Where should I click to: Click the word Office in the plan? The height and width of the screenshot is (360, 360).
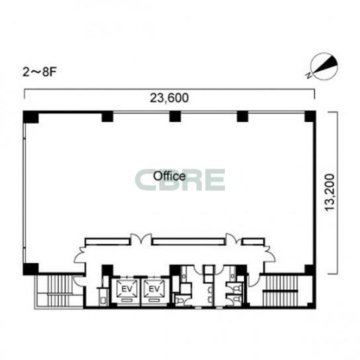tap(169, 176)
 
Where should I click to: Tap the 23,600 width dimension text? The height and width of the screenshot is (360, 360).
tap(169, 98)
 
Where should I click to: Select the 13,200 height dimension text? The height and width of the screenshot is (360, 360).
tap(330, 193)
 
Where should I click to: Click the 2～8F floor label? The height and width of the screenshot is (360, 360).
tap(39, 72)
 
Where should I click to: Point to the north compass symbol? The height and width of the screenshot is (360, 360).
tap(324, 66)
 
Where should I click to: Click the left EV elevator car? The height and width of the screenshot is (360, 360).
tap(127, 289)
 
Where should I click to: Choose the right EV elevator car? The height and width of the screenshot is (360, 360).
tap(154, 289)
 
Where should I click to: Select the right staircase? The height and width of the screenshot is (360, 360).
tap(281, 291)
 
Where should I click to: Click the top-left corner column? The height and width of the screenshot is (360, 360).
tap(30, 117)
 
